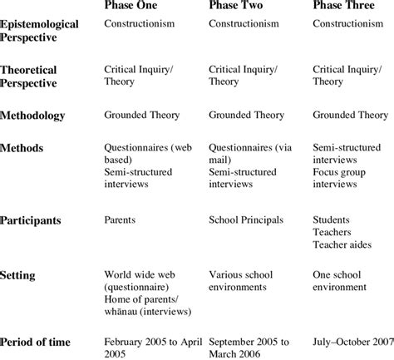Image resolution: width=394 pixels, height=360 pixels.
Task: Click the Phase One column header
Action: coord(136,6)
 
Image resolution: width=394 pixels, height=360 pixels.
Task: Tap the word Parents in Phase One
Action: coord(122,222)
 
